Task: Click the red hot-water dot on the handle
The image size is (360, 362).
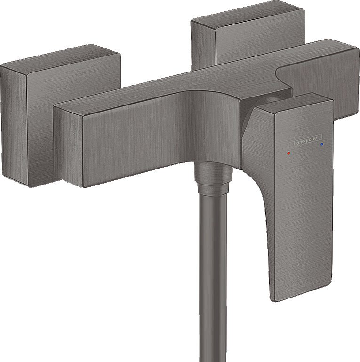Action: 288,153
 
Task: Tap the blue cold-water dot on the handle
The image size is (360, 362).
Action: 321,144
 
